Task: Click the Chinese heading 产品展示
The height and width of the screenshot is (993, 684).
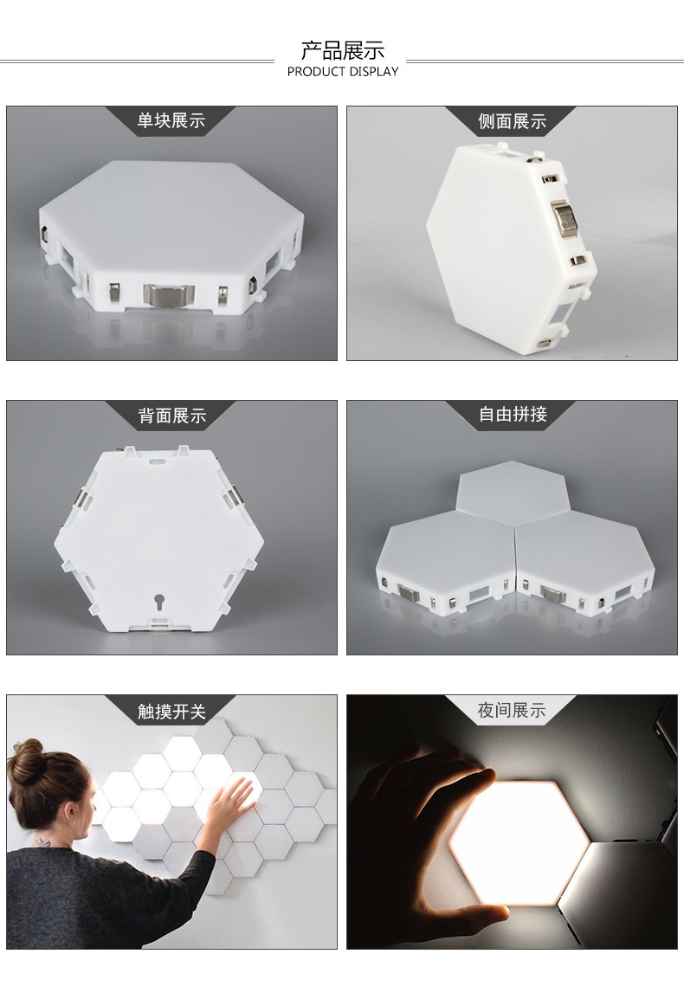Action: pyautogui.click(x=342, y=50)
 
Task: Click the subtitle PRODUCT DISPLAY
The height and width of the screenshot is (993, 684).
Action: pyautogui.click(x=342, y=72)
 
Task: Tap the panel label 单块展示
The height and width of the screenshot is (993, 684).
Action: pyautogui.click(x=171, y=121)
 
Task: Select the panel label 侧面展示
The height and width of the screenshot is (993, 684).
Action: pyautogui.click(x=512, y=121)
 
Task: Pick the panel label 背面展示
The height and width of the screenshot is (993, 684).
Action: pyautogui.click(x=171, y=416)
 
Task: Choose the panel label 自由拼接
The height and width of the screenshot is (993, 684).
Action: pyautogui.click(x=513, y=415)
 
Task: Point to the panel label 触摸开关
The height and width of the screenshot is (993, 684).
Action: pyautogui.click(x=171, y=711)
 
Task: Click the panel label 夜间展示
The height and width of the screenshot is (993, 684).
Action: pyautogui.click(x=512, y=711)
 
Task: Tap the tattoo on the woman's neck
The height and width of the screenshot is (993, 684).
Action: pyautogui.click(x=40, y=840)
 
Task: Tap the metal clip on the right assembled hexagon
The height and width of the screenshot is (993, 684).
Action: pyautogui.click(x=555, y=593)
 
